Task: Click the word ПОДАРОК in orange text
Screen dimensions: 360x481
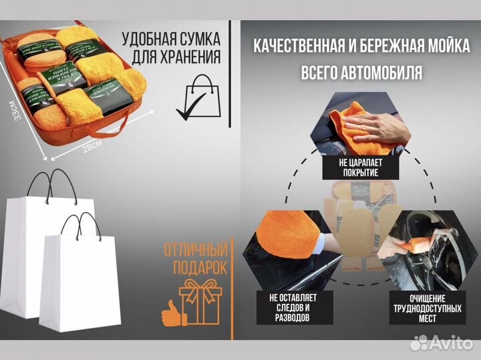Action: (x=198, y=267)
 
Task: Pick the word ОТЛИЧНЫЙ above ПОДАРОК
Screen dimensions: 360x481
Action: (x=195, y=250)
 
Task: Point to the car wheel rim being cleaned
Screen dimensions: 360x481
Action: (x=428, y=257)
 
